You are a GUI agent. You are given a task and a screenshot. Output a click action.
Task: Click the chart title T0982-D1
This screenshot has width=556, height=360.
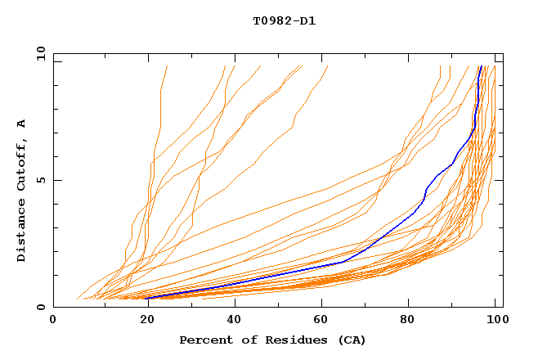tap(284, 21)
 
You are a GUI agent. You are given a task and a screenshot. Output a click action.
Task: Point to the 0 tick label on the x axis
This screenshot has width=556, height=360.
tap(53, 321)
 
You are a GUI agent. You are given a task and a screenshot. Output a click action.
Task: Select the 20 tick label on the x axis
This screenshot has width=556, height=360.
tap(142, 321)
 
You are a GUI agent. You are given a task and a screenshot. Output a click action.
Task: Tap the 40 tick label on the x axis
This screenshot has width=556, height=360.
tap(231, 321)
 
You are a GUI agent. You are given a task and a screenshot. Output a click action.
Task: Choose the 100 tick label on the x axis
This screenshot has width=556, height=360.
tap(495, 321)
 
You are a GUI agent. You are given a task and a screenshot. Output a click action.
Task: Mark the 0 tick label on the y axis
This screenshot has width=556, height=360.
tap(40, 307)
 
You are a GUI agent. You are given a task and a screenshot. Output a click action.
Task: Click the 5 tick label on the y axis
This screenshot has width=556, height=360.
tap(40, 180)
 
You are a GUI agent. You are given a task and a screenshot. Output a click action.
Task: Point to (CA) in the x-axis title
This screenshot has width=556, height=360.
tap(352, 340)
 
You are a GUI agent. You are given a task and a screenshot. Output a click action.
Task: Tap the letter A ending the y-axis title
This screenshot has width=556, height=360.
tap(21, 123)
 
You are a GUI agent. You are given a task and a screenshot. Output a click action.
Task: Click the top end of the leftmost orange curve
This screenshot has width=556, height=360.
tap(167, 66)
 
